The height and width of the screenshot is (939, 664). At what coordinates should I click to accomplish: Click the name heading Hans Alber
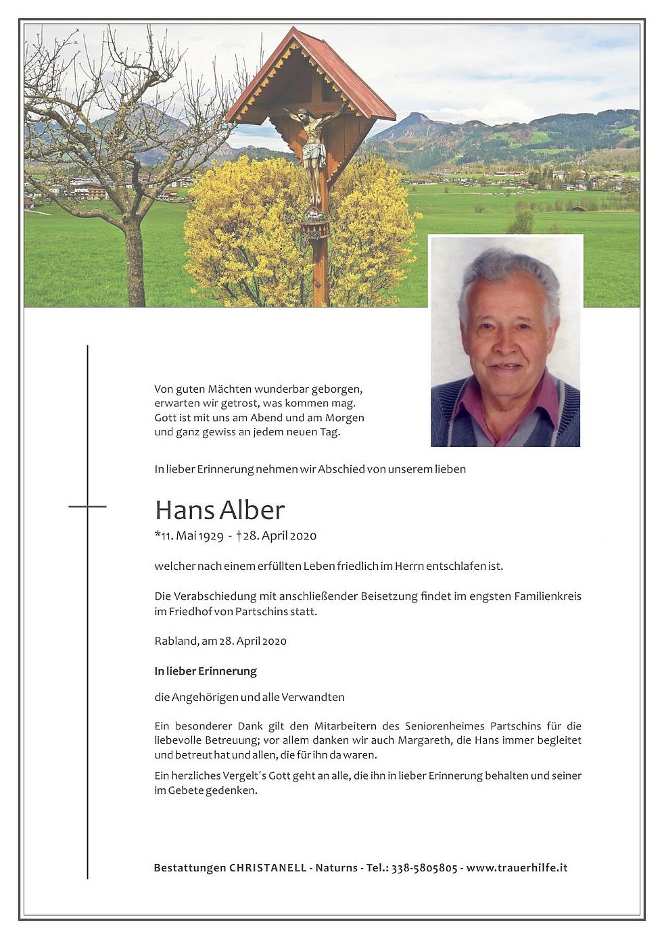[x=220, y=510]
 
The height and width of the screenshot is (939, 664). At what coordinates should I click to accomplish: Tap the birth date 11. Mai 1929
[x=192, y=536]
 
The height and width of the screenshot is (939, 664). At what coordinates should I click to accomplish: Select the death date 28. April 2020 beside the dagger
[x=280, y=536]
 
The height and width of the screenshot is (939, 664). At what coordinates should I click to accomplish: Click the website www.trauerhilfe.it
[x=517, y=868]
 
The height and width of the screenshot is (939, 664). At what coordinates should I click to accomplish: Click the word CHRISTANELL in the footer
[x=268, y=868]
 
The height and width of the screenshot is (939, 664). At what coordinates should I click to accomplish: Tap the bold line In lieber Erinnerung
[x=206, y=671]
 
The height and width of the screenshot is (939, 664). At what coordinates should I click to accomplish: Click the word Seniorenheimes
[x=445, y=726]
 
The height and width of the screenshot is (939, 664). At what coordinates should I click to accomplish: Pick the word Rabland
[x=176, y=641]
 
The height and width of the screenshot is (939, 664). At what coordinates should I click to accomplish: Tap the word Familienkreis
[x=548, y=596]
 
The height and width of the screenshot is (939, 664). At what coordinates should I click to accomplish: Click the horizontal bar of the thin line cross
[x=87, y=506]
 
